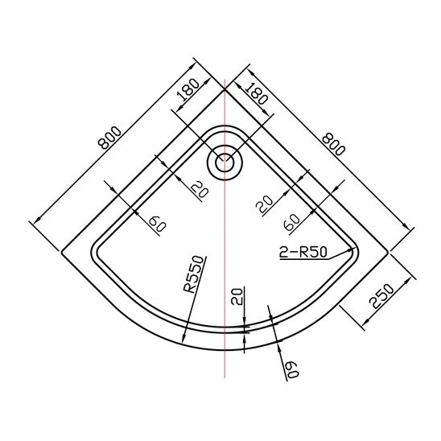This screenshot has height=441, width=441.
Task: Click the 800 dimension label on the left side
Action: tap(110, 138)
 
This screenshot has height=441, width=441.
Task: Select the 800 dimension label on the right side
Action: tap(333, 144)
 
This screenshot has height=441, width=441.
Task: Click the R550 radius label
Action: tap(193, 274)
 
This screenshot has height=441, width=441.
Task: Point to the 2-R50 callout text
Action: tap(303, 252)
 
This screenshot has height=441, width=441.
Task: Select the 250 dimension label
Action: tap(381, 296)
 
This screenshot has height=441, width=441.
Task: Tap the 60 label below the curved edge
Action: tap(292, 369)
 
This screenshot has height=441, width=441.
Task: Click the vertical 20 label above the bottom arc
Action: tap(237, 296)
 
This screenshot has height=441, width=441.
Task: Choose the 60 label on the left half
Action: tap(158, 224)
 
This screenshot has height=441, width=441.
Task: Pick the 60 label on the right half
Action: tap(292, 222)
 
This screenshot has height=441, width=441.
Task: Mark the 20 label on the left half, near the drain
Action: tap(200, 189)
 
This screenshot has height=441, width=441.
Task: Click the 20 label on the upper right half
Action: tap(265, 204)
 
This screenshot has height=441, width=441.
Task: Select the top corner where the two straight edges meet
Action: tap(225, 89)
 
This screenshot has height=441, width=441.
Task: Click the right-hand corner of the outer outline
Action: tap(389, 252)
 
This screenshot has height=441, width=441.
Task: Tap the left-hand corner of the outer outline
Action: tap(62, 252)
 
